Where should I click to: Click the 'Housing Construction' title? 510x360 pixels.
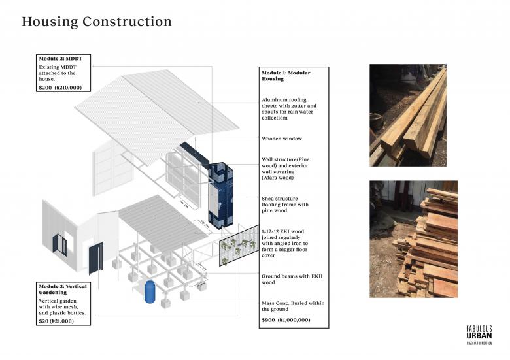click(97, 22)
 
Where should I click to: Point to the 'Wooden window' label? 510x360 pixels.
click(282, 139)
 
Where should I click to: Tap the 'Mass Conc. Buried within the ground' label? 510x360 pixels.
click(292, 306)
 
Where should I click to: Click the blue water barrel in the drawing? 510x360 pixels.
click(150, 291)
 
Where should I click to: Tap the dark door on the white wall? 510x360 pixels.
click(95, 259)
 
